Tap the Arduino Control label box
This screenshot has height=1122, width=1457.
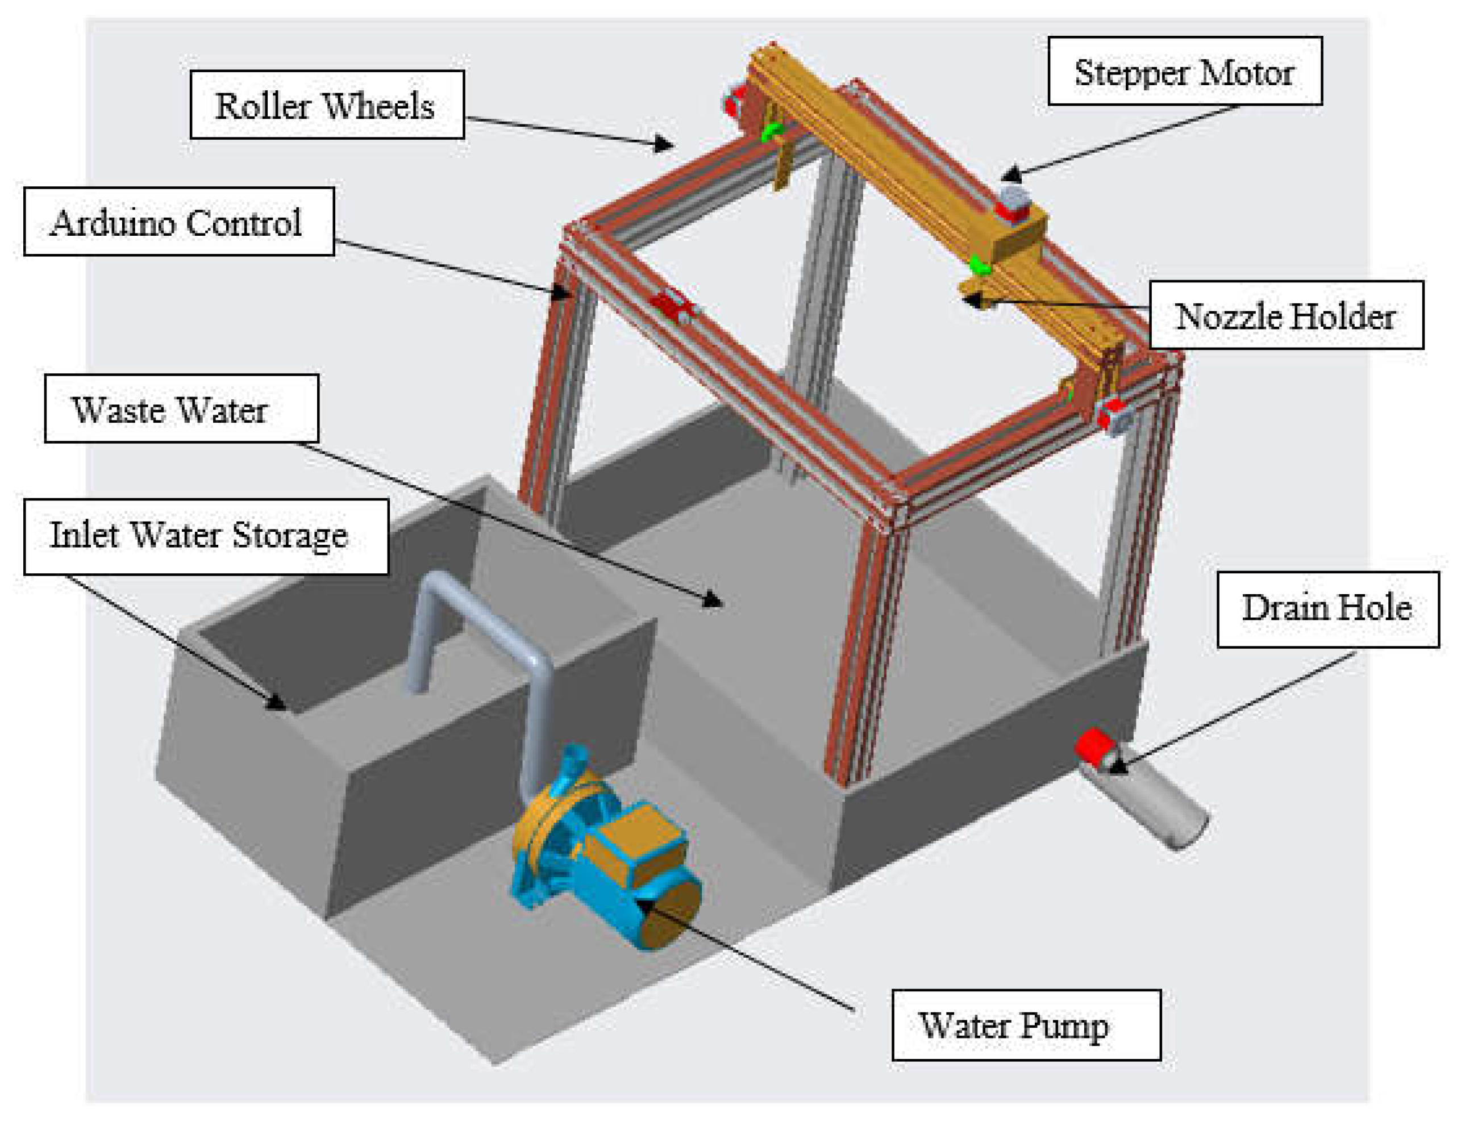point(178,222)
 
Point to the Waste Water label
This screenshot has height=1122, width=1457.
point(181,408)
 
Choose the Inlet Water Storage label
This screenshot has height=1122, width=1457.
point(206,535)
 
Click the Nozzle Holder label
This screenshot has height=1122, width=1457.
point(1285,315)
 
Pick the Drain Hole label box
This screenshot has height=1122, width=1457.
point(1327,608)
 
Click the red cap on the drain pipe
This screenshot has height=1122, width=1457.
point(1092,746)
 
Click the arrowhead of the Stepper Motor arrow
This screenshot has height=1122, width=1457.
point(1011,176)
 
